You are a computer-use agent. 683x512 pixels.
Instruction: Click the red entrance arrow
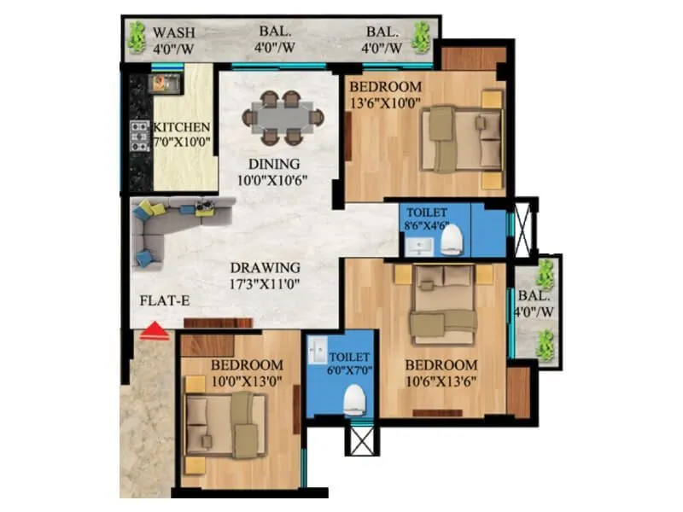[154, 330]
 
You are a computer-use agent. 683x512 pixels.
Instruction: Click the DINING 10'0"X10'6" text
[274, 172]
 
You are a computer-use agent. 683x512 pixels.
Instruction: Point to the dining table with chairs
[282, 117]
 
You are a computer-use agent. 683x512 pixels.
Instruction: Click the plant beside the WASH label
[137, 38]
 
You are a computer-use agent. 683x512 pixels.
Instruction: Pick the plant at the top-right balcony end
[420, 38]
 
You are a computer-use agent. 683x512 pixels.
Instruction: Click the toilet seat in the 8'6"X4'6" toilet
[454, 241]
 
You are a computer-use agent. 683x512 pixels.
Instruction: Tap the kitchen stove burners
[138, 135]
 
